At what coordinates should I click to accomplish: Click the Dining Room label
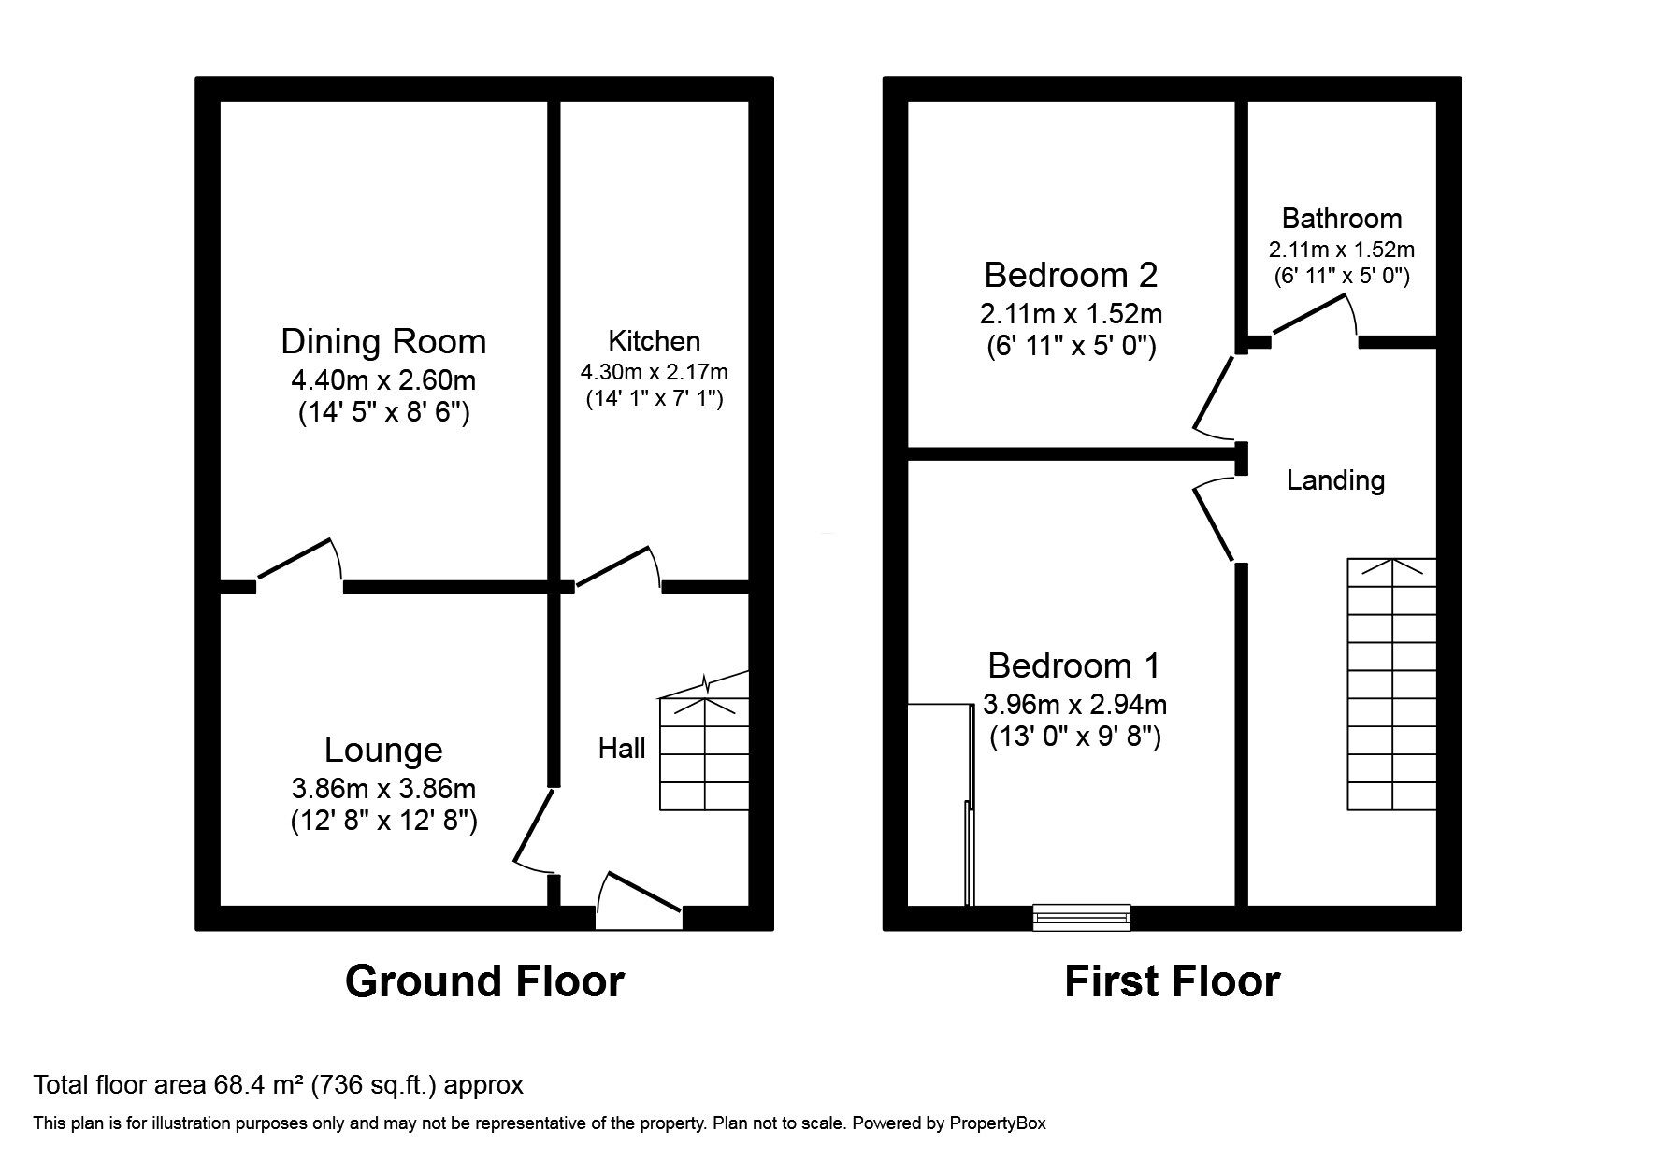click(x=383, y=341)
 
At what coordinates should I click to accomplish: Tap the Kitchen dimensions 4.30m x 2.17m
click(x=654, y=372)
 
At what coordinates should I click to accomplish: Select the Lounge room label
click(x=383, y=750)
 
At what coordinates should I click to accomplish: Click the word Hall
click(x=622, y=749)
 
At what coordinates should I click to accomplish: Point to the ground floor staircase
click(x=704, y=753)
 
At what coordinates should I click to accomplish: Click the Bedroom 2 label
click(x=1071, y=275)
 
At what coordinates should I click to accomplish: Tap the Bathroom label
click(x=1341, y=219)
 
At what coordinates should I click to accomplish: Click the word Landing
click(x=1335, y=480)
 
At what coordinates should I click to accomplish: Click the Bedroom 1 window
click(x=1082, y=918)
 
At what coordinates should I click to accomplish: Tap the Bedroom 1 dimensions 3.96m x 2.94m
click(x=1074, y=704)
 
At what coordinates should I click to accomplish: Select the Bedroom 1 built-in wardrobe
click(x=940, y=804)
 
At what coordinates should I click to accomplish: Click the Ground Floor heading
click(x=484, y=981)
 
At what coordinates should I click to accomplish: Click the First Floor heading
click(x=1172, y=981)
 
